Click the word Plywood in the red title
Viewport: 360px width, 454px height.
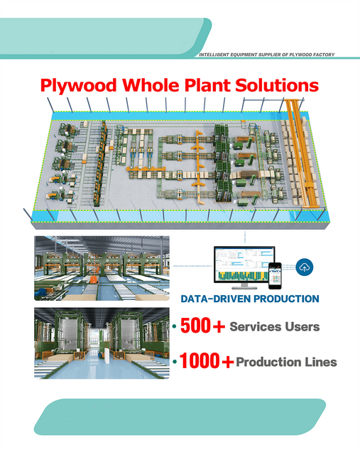click(x=78, y=86)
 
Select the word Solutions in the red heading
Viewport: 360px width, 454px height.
click(x=277, y=85)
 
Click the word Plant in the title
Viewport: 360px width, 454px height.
click(x=207, y=85)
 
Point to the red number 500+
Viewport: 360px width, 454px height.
click(x=202, y=326)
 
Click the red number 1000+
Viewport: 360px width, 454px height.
click(x=207, y=361)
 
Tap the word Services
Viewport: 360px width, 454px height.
click(x=256, y=326)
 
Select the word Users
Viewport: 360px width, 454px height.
click(x=302, y=326)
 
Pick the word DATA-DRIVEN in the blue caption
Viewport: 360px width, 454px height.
click(x=214, y=299)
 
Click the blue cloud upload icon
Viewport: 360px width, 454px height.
click(x=305, y=267)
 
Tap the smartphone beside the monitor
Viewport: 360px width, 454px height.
click(x=275, y=276)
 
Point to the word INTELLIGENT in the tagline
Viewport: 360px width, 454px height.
click(x=214, y=55)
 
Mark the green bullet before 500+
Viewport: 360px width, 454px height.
click(x=175, y=326)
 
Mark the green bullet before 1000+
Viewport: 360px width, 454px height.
click(x=175, y=362)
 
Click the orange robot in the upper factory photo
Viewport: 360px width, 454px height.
click(x=94, y=279)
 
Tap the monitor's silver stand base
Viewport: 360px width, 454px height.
click(x=245, y=287)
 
